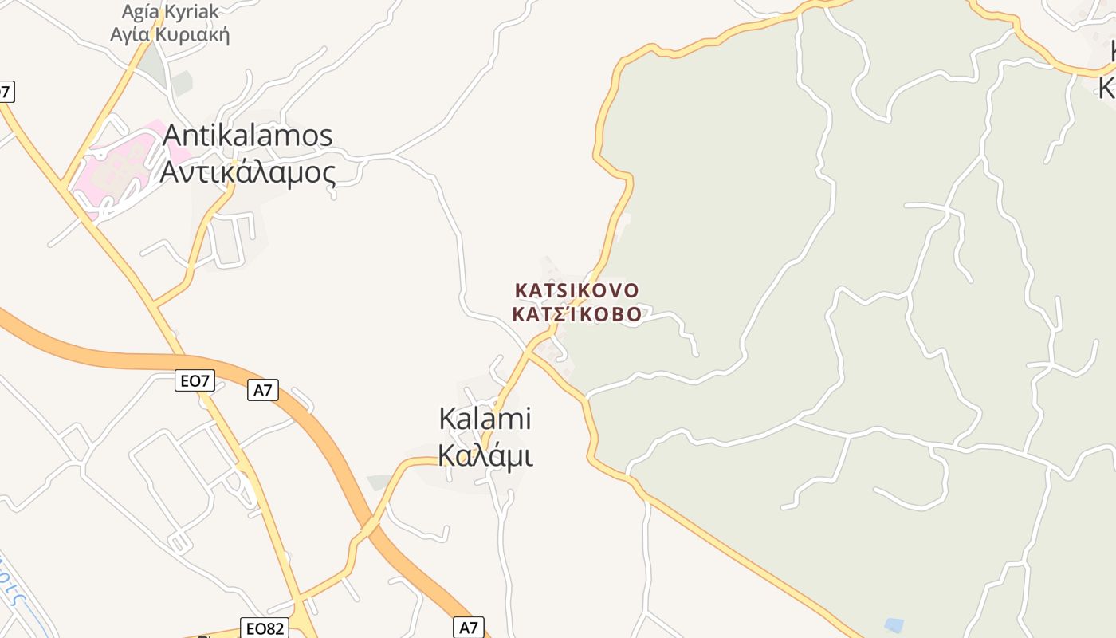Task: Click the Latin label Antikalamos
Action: pyautogui.click(x=247, y=136)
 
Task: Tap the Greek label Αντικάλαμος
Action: pyautogui.click(x=247, y=171)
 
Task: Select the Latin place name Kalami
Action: pyautogui.click(x=485, y=419)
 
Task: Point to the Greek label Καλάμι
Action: pyautogui.click(x=485, y=455)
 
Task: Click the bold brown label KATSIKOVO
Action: pyautogui.click(x=577, y=289)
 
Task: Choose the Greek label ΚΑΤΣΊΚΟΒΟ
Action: pyautogui.click(x=577, y=314)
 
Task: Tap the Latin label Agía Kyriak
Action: pyautogui.click(x=170, y=12)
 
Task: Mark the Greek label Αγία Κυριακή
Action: pyautogui.click(x=170, y=34)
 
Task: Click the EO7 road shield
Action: pyautogui.click(x=195, y=381)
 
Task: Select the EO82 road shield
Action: pyautogui.click(x=265, y=628)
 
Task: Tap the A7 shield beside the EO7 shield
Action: pyautogui.click(x=262, y=390)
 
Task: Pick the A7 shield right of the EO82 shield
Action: pyautogui.click(x=469, y=628)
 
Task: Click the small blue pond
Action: pyautogui.click(x=894, y=625)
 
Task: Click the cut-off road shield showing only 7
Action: pyautogui.click(x=6, y=92)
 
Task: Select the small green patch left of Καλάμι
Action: pyautogui.click(x=379, y=482)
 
